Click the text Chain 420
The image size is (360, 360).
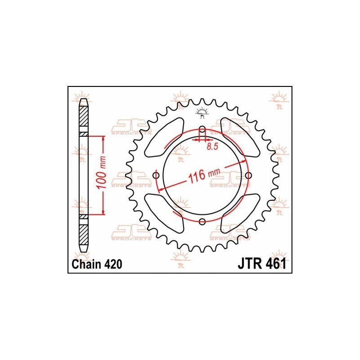[x=95, y=264]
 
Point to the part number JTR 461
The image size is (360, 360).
[x=261, y=264]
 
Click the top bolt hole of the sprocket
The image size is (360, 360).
[x=202, y=130]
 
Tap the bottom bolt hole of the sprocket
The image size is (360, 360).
[x=202, y=221]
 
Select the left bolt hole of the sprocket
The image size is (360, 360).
[x=156, y=175]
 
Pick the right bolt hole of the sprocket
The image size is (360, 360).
[x=248, y=175]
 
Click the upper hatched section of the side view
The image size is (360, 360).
[x=84, y=119]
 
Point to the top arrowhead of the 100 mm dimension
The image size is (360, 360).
[x=103, y=139]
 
